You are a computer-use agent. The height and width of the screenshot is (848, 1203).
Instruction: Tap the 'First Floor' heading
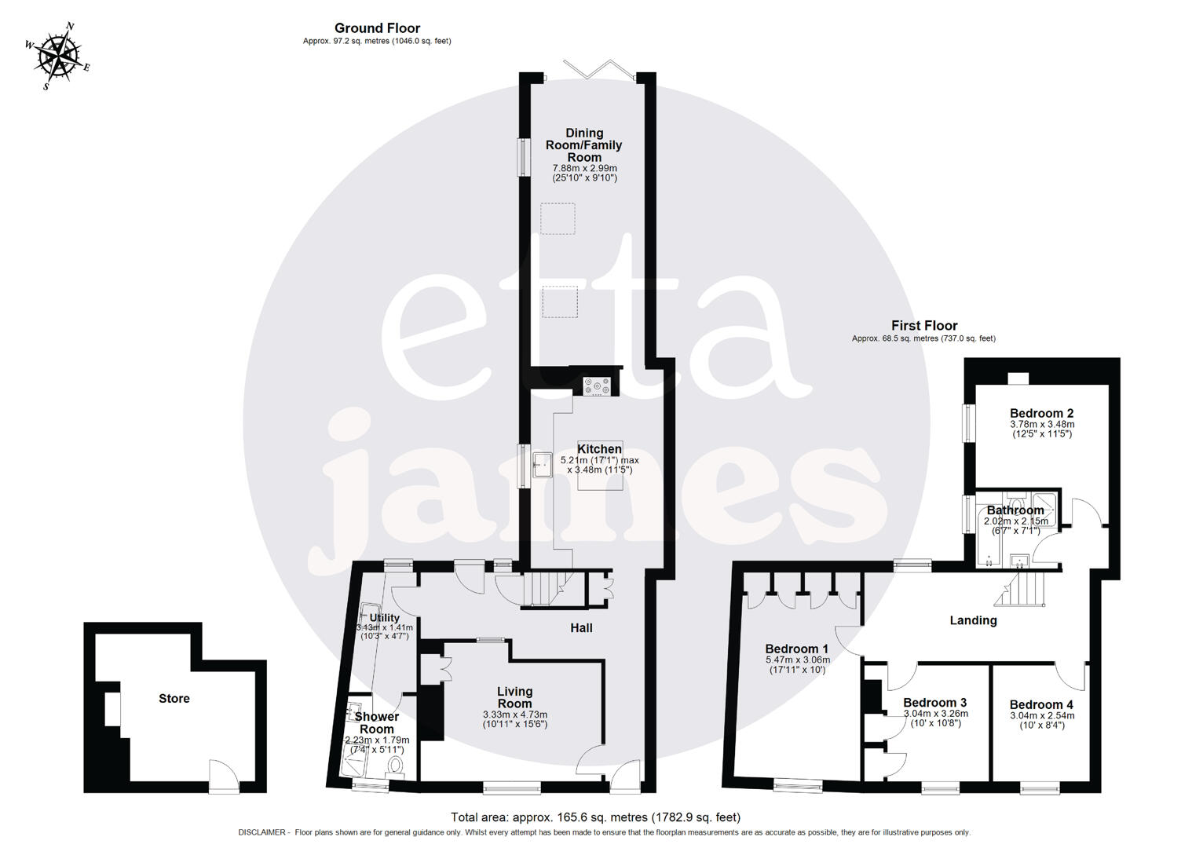click(x=923, y=325)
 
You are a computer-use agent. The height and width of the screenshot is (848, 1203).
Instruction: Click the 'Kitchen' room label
click(x=600, y=449)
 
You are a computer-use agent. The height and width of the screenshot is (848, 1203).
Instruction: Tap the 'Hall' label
click(x=581, y=628)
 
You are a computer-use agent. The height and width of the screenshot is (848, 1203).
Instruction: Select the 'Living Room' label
click(x=514, y=697)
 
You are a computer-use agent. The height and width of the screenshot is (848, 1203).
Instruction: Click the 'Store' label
click(x=174, y=699)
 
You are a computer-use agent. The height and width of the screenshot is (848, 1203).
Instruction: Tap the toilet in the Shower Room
click(x=396, y=764)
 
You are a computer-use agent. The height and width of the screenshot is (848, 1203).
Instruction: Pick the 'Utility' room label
click(x=385, y=618)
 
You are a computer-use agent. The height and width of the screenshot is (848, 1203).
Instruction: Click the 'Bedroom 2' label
click(x=1041, y=414)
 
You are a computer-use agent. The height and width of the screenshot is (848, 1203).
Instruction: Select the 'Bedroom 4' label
click(x=1041, y=705)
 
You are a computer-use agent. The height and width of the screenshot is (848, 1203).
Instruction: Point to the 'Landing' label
click(x=973, y=620)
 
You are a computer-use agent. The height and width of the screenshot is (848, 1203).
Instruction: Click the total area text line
click(x=595, y=817)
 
